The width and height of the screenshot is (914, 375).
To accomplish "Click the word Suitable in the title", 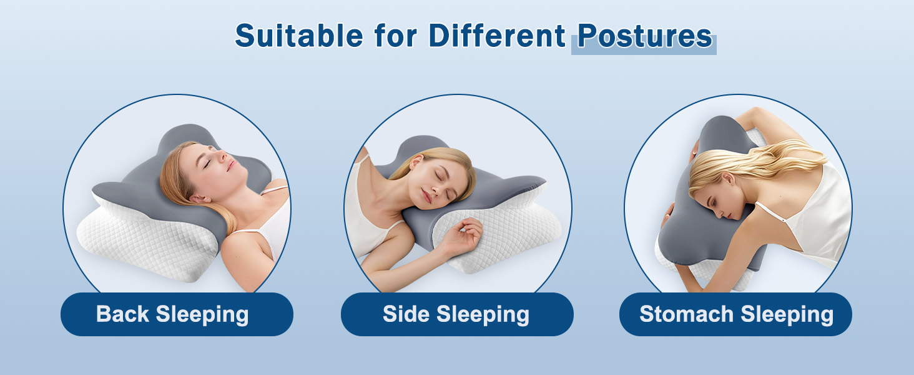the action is pos(298,36).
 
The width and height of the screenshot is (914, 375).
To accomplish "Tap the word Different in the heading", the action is pos(497,36).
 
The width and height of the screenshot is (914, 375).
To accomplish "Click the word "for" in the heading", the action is pos(396,36).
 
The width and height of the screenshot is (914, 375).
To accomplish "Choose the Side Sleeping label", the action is pos(457,314).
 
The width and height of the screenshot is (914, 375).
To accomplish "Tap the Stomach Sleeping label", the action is pos(735,314).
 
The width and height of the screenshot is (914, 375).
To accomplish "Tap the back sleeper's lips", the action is pos(232,165).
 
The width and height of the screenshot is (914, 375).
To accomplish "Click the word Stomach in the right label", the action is pos(686,314).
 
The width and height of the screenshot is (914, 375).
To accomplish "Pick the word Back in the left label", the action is pos(122,314).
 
